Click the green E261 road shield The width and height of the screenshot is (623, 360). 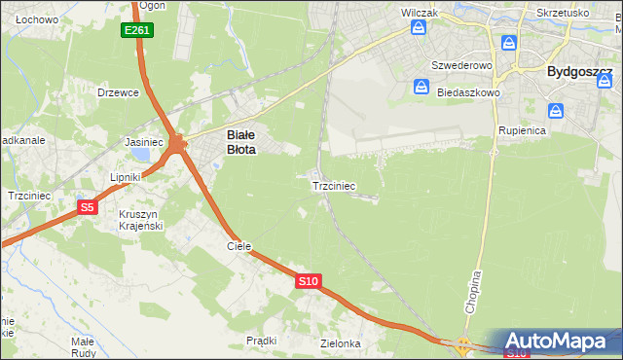[136, 31]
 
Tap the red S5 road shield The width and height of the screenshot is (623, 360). [88, 207]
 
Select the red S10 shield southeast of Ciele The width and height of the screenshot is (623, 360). [308, 281]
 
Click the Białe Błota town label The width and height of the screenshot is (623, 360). [241, 143]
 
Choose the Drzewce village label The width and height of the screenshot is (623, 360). [120, 92]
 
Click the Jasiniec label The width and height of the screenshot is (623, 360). [144, 141]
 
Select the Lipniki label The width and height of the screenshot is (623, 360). [127, 177]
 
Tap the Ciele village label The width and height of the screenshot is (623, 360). [239, 246]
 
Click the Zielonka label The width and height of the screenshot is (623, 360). [341, 343]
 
